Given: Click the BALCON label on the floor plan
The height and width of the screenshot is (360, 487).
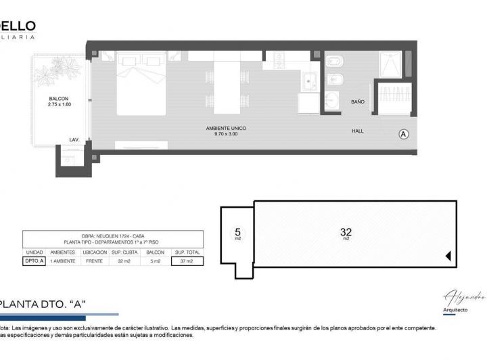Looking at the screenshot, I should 59,99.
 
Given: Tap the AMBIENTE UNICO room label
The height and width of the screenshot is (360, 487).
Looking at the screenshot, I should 227,128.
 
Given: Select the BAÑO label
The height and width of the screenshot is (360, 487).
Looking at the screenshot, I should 358,102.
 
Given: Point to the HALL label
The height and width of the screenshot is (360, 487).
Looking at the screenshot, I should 358,131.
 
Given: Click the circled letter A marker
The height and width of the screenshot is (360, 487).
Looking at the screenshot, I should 404,134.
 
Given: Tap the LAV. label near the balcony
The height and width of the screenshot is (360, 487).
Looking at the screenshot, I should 74,140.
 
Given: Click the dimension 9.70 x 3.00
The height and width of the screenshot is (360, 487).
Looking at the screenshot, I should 227,134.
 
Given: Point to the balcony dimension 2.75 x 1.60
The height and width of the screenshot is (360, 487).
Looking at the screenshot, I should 59,105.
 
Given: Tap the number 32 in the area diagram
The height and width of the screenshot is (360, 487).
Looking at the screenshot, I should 346,232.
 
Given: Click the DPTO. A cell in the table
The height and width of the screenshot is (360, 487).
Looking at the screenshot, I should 34,261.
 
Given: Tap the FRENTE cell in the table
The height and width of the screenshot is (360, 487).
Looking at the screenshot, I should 94,261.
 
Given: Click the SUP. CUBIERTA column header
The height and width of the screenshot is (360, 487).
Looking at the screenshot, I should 124,252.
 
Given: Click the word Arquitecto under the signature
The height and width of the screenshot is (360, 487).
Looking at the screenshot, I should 455,310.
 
